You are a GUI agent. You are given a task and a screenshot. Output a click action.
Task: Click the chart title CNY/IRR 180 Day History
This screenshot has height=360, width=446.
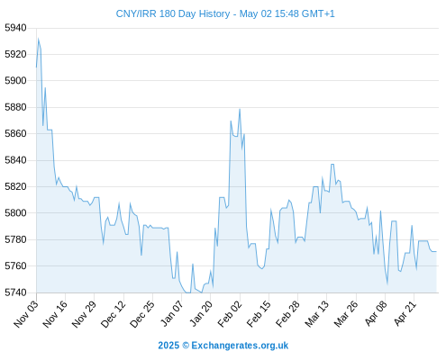[x=173, y=13]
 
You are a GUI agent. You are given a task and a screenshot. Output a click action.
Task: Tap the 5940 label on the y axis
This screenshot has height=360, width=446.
[x=15, y=28]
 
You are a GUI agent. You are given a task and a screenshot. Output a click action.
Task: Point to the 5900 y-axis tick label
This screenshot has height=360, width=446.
[x=15, y=81]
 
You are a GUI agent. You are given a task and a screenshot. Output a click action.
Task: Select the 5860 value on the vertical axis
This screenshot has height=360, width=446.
[x=15, y=133]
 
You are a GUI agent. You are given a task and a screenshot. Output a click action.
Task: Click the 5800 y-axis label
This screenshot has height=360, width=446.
[x=15, y=213]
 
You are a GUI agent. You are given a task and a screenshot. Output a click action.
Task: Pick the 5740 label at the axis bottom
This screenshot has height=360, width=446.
[x=15, y=292]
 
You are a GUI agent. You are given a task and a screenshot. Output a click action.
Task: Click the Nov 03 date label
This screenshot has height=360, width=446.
[x=26, y=313]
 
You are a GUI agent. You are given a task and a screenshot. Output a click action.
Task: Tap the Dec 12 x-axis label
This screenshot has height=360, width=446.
[x=114, y=313]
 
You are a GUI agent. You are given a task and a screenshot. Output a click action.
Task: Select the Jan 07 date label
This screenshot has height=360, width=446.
[x=172, y=313]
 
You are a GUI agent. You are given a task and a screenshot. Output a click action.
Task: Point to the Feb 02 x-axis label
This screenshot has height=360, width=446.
[x=230, y=313]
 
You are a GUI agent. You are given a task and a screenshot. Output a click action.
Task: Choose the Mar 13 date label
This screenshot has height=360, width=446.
[x=317, y=313]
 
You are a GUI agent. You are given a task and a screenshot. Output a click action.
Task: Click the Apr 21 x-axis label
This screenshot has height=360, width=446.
[x=405, y=313]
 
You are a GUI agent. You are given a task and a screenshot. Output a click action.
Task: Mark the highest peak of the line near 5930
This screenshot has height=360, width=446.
[x=39, y=39]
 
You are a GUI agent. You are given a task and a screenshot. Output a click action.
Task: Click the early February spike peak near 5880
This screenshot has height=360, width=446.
[x=240, y=109]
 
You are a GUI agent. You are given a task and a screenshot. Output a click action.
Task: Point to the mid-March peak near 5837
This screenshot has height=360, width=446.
[x=332, y=164]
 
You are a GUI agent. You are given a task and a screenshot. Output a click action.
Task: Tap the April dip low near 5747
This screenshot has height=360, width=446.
[x=387, y=283]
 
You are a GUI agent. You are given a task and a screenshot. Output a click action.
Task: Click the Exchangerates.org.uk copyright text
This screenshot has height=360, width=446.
[x=240, y=346]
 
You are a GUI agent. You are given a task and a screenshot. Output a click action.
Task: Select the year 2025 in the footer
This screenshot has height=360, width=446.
[x=168, y=346]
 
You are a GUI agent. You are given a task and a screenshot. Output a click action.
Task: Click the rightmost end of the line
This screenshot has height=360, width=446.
[x=436, y=252]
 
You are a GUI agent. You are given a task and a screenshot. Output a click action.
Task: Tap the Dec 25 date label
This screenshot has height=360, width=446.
[x=142, y=313]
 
